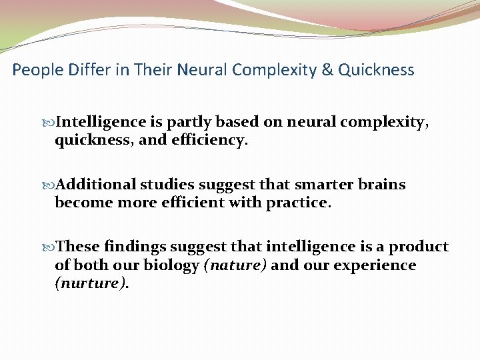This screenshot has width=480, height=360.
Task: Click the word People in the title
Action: (x=35, y=70)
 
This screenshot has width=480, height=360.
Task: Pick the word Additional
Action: (x=97, y=185)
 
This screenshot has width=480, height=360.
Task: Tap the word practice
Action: (x=298, y=203)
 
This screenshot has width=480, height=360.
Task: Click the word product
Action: (x=419, y=247)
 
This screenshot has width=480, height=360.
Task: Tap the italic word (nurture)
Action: (x=92, y=284)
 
